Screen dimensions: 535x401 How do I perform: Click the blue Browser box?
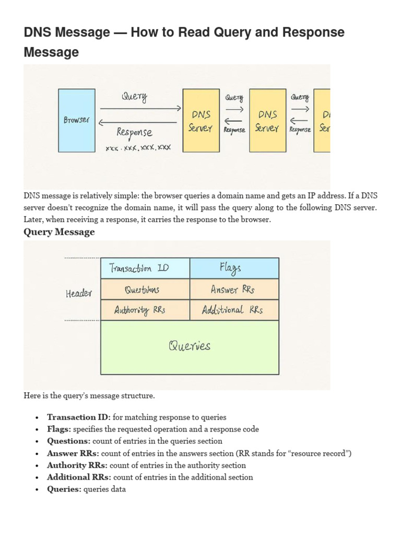click(x=77, y=120)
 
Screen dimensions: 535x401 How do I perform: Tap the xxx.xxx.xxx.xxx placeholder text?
click(x=138, y=148)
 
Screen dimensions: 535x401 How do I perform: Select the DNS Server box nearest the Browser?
click(x=201, y=120)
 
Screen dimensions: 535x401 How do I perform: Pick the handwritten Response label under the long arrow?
click(x=135, y=132)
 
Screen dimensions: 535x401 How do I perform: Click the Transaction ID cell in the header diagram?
click(x=145, y=269)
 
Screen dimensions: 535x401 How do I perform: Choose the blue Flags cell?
click(x=234, y=269)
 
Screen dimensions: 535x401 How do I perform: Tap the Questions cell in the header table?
click(x=145, y=289)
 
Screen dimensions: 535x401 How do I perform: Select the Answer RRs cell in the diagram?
click(x=234, y=289)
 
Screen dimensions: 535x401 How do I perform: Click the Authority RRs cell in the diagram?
click(x=145, y=310)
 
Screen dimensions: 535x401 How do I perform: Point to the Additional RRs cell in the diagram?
click(x=234, y=310)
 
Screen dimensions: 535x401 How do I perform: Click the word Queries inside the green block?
click(x=189, y=346)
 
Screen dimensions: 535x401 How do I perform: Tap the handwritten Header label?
click(x=79, y=294)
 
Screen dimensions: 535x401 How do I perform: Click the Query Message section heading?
click(x=59, y=232)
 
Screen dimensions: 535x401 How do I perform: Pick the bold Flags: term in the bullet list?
click(x=59, y=429)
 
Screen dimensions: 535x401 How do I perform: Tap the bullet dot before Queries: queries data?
click(x=37, y=490)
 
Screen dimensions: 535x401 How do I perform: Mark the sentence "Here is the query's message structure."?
click(x=89, y=396)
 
